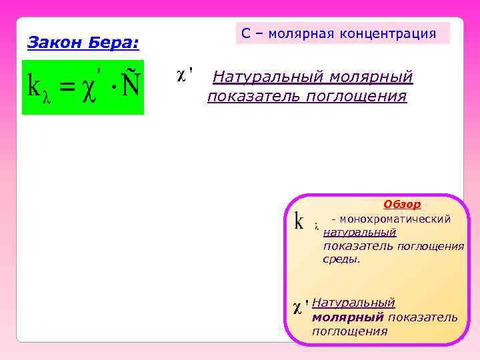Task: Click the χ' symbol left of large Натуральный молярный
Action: point(185,74)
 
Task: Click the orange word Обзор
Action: point(402,204)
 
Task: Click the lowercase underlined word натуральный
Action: point(359,232)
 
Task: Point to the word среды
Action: point(341,259)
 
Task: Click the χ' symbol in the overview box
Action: point(300,307)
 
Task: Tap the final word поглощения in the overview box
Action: point(349,331)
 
